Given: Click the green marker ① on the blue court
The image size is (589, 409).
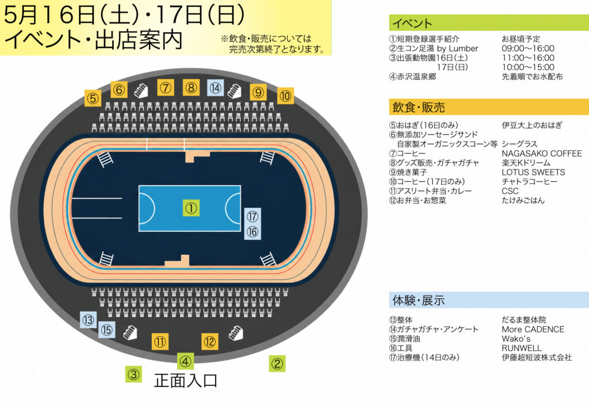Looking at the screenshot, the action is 191,208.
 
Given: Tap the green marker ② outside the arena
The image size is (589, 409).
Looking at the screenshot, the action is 277,364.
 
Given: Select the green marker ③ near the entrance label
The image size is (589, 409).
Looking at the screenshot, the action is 133,374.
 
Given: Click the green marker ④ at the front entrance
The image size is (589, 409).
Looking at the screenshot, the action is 185,361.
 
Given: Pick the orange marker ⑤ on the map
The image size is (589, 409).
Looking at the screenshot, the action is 93,98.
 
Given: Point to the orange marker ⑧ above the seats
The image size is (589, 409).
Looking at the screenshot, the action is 191,87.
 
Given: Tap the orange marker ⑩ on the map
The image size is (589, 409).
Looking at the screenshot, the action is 285,95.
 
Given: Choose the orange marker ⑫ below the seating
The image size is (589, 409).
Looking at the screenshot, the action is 209,342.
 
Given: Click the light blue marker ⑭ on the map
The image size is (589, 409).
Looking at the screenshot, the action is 216,88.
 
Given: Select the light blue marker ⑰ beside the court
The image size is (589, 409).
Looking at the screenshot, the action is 253,216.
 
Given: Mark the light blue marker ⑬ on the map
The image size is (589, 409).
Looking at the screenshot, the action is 89,320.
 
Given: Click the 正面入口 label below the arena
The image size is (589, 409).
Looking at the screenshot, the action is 186,380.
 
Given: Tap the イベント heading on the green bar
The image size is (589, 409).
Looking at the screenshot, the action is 412,23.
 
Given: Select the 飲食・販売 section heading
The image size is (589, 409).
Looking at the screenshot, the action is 419,108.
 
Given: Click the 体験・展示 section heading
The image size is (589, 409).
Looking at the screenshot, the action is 419,300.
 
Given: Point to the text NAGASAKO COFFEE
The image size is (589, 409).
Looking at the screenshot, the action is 542,153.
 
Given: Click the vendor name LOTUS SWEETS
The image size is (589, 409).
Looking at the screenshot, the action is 533,172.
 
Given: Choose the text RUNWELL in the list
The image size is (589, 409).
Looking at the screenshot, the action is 522,348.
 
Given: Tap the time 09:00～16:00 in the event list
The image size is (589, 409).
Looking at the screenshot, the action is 528,48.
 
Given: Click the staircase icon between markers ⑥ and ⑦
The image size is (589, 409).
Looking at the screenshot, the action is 141,90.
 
